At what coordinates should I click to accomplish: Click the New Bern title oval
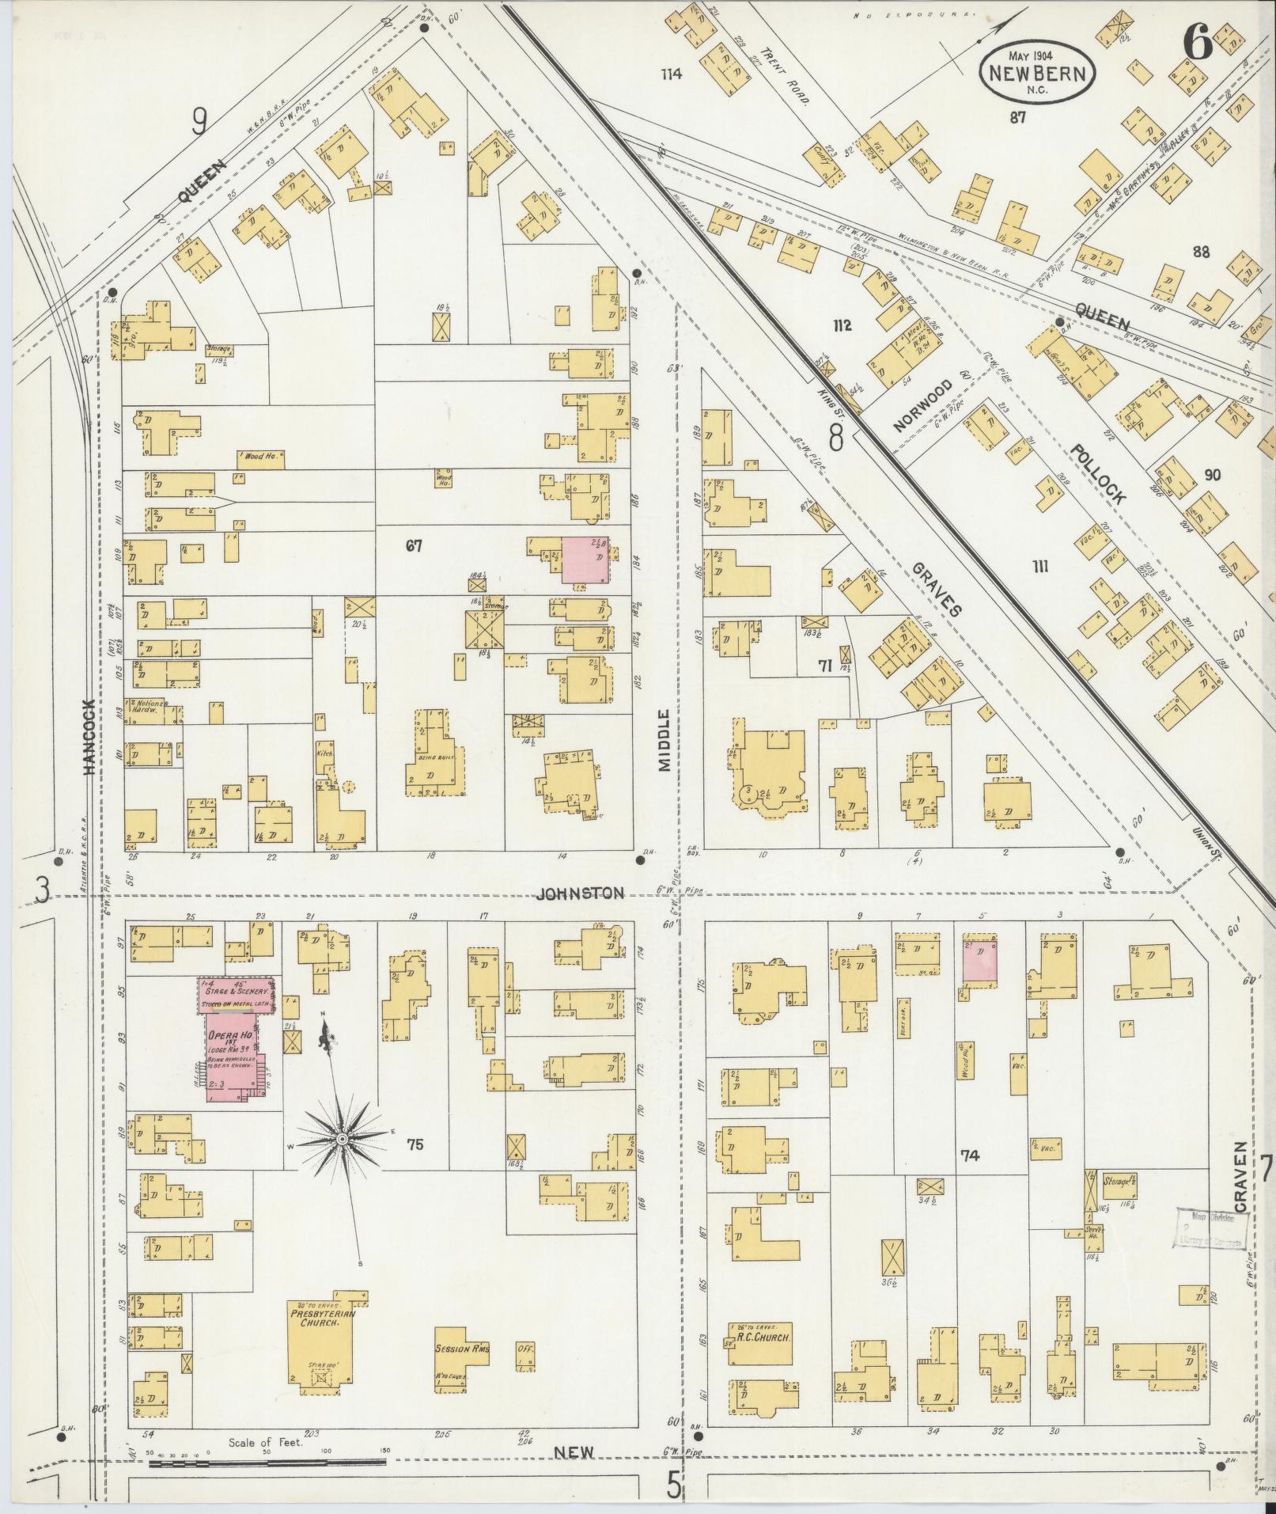1038,73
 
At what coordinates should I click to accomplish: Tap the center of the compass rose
342,1139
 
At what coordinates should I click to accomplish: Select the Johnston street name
580,894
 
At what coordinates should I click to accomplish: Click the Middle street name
665,741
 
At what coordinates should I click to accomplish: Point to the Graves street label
937,589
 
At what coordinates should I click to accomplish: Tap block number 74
969,1155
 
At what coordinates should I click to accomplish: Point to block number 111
1040,566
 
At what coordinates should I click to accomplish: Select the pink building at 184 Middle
585,560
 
